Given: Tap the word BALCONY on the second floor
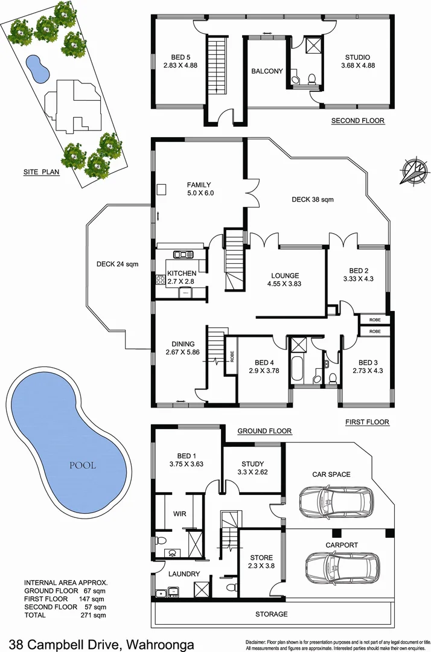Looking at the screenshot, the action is click(x=267, y=71).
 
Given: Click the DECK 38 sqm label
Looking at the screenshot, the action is click(x=313, y=199).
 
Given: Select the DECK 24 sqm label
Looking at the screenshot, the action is click(x=118, y=263).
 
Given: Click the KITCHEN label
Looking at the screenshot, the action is click(x=182, y=273).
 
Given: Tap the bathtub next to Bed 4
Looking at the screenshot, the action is click(x=298, y=368).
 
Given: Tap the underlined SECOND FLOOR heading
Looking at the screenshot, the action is click(x=357, y=121).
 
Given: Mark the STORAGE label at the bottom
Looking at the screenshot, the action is click(x=270, y=614).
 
